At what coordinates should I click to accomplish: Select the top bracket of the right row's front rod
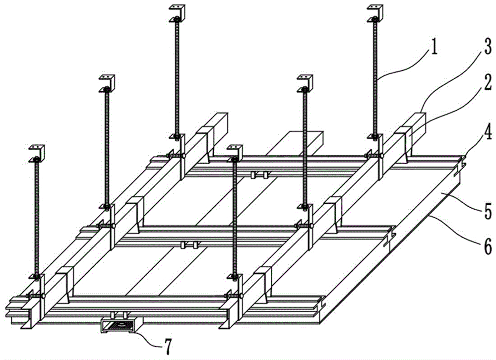pos(236,151)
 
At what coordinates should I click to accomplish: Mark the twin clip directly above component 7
pos(120,314)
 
